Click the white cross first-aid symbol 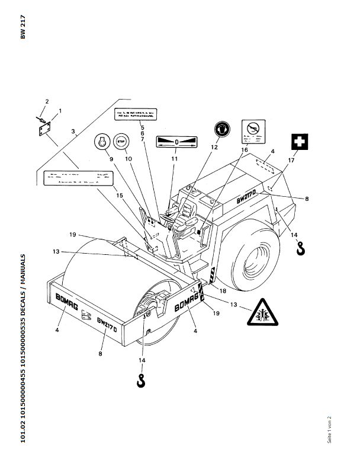tap(300, 143)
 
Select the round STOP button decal tap(121, 142)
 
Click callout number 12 tap(214, 146)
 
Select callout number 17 tap(291, 160)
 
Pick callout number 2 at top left tap(47, 101)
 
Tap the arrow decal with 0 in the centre tap(176, 142)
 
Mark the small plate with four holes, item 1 tap(46, 127)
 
